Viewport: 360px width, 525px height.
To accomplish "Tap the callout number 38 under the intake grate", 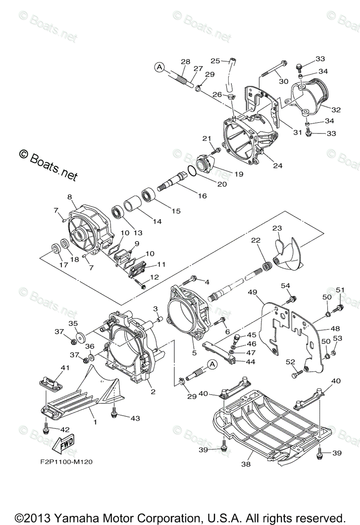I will [246, 464].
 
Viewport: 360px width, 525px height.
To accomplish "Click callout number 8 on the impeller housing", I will [69, 197].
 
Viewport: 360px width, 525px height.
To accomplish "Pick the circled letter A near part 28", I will [160, 67].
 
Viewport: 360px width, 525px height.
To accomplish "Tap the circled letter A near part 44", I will [212, 364].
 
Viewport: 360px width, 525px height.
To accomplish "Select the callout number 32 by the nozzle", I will [336, 109].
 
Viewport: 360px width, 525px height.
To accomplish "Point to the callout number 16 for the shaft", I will [202, 196].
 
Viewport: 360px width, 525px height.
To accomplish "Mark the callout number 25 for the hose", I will [215, 60].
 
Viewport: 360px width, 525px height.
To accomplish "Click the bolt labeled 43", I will [115, 412].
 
